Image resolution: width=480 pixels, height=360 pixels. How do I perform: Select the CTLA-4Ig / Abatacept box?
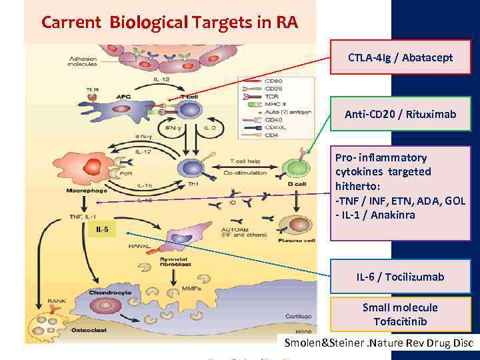(400, 58)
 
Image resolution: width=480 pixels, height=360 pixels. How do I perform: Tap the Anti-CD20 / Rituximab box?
(400, 115)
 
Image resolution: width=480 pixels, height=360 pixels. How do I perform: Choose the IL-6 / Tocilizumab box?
(400, 277)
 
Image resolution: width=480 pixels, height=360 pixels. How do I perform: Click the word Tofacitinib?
(400, 322)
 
